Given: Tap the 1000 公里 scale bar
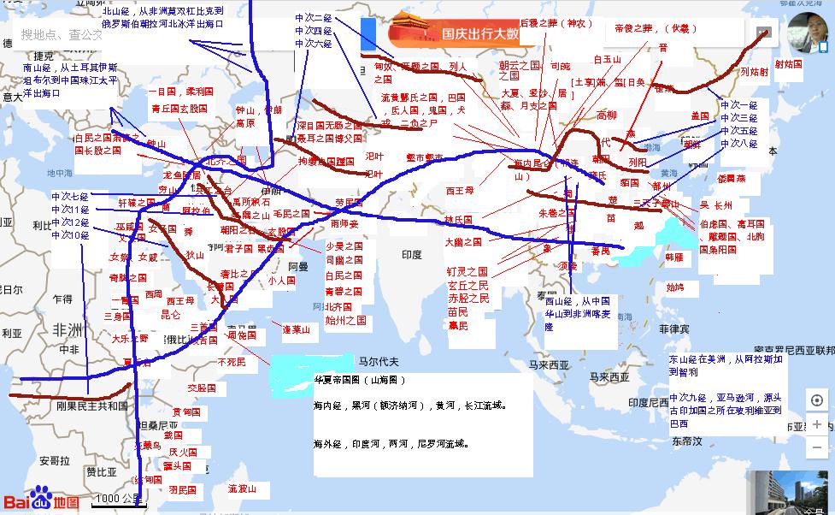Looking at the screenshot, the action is pos(119,499).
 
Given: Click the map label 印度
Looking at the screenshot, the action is pos(412,255).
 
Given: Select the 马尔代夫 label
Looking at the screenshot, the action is pos(378,362).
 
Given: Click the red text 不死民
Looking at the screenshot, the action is pos(231,362).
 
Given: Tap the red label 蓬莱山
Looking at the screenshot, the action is pos(297,329).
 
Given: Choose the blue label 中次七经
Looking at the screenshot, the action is pos(70,196).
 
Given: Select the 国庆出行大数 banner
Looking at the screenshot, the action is pos(454,34).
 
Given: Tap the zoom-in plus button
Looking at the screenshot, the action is pos(817,424).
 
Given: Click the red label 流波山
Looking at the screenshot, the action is pos(242,488).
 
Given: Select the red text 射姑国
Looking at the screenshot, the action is pos(788,64).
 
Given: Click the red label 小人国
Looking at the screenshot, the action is pos(281,280).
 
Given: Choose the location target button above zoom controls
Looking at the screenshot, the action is pos(817,400).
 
